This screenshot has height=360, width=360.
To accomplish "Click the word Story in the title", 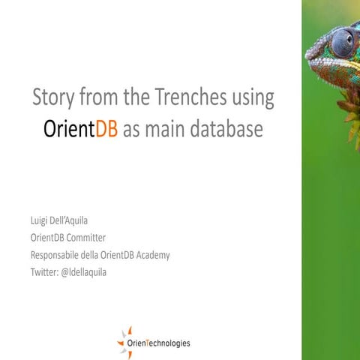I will coord(52,97).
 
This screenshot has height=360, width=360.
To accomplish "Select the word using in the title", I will coord(253,99).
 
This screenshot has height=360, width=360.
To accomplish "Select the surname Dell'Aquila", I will coord(77,222).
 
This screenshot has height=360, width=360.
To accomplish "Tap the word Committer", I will coord(85,238).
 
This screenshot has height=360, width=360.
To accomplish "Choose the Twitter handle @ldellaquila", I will coord(82,271).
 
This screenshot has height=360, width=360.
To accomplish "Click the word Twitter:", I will coord(43,271).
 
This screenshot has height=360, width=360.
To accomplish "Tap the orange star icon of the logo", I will coord(125,337).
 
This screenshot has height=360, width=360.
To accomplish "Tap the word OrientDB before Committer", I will coord(47,238).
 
